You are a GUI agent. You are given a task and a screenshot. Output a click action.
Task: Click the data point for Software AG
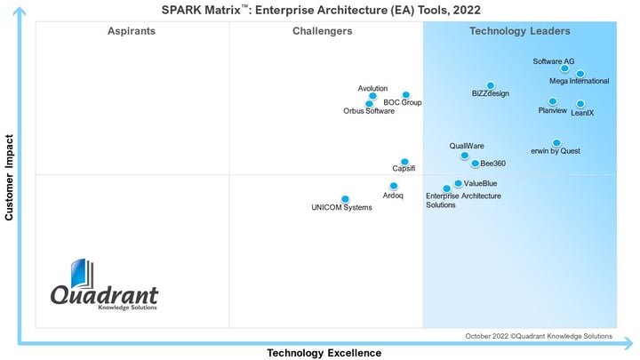[x=564, y=68]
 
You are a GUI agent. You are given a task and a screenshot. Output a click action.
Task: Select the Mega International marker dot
[x=580, y=74]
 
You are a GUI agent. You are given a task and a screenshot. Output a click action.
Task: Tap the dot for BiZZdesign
[x=490, y=85]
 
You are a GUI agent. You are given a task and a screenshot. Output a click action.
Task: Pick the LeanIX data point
[x=580, y=104]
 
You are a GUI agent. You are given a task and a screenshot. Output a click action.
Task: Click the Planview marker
[x=553, y=101]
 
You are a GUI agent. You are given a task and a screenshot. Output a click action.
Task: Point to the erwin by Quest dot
[x=556, y=142]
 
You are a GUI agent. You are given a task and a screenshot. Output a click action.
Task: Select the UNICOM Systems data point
[x=345, y=199]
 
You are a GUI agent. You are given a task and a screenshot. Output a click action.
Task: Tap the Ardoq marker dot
[x=394, y=186]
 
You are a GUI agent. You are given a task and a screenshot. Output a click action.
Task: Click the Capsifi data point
[x=404, y=162]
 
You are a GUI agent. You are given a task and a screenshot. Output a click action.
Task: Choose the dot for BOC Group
[x=406, y=94]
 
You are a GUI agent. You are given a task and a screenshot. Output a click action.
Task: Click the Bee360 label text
[x=493, y=164]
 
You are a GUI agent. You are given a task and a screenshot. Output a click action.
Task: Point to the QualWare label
[x=467, y=146]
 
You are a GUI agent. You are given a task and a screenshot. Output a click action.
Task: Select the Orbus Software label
[x=369, y=111]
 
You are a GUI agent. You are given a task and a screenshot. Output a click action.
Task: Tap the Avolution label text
[x=372, y=88]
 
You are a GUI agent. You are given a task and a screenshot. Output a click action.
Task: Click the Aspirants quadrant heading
[x=132, y=31]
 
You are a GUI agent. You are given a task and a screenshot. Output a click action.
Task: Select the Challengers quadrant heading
[x=322, y=31]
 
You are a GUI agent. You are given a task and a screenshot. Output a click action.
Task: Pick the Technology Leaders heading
[x=520, y=31]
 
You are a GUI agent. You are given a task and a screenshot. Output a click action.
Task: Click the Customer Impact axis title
[x=10, y=178]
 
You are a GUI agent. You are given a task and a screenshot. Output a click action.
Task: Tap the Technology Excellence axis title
[x=324, y=353]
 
